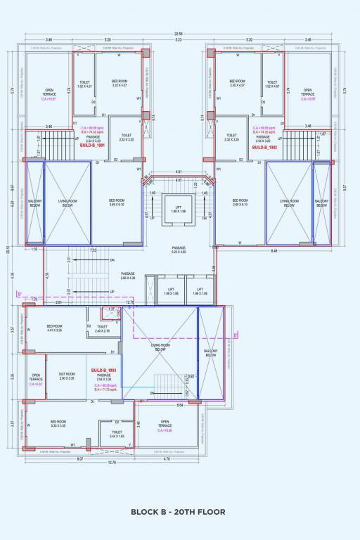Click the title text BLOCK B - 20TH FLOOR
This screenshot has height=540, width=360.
178,512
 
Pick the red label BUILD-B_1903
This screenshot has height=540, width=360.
103,370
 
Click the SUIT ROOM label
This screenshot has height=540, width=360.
67,376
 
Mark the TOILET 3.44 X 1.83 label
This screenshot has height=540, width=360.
116,435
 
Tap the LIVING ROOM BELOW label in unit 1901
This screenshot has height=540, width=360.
67,203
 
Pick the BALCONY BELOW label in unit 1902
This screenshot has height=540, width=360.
321,203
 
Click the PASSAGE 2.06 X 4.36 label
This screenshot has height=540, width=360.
127,276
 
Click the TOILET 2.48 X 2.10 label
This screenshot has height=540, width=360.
103,328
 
